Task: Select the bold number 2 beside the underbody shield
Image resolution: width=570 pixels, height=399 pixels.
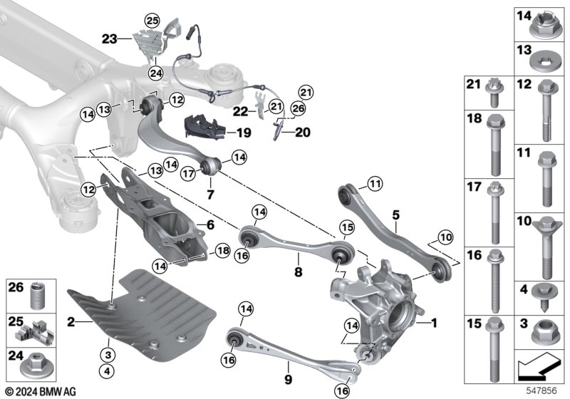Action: tap(71, 322)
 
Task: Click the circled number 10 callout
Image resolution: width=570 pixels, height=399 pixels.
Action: tap(445, 236)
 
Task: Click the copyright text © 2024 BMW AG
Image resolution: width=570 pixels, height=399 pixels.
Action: tap(41, 390)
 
